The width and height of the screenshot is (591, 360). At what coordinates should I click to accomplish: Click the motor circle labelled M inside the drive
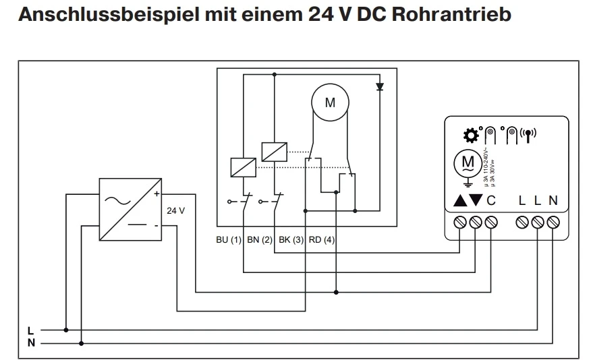pyautogui.click(x=329, y=103)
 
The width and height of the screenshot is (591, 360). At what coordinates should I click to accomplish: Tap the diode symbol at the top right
pyautogui.click(x=380, y=87)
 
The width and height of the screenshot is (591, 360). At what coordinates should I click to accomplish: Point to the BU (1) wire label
pyautogui.click(x=227, y=240)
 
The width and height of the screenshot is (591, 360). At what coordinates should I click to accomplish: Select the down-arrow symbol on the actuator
pyautogui.click(x=476, y=200)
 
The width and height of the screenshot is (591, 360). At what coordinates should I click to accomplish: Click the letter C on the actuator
pyautogui.click(x=491, y=200)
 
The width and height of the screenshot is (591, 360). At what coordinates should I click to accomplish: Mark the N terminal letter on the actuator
pyautogui.click(x=553, y=200)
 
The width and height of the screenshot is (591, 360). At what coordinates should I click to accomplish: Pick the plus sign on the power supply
pyautogui.click(x=156, y=194)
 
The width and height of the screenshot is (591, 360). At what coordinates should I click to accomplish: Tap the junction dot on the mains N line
pyautogui.click(x=82, y=342)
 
